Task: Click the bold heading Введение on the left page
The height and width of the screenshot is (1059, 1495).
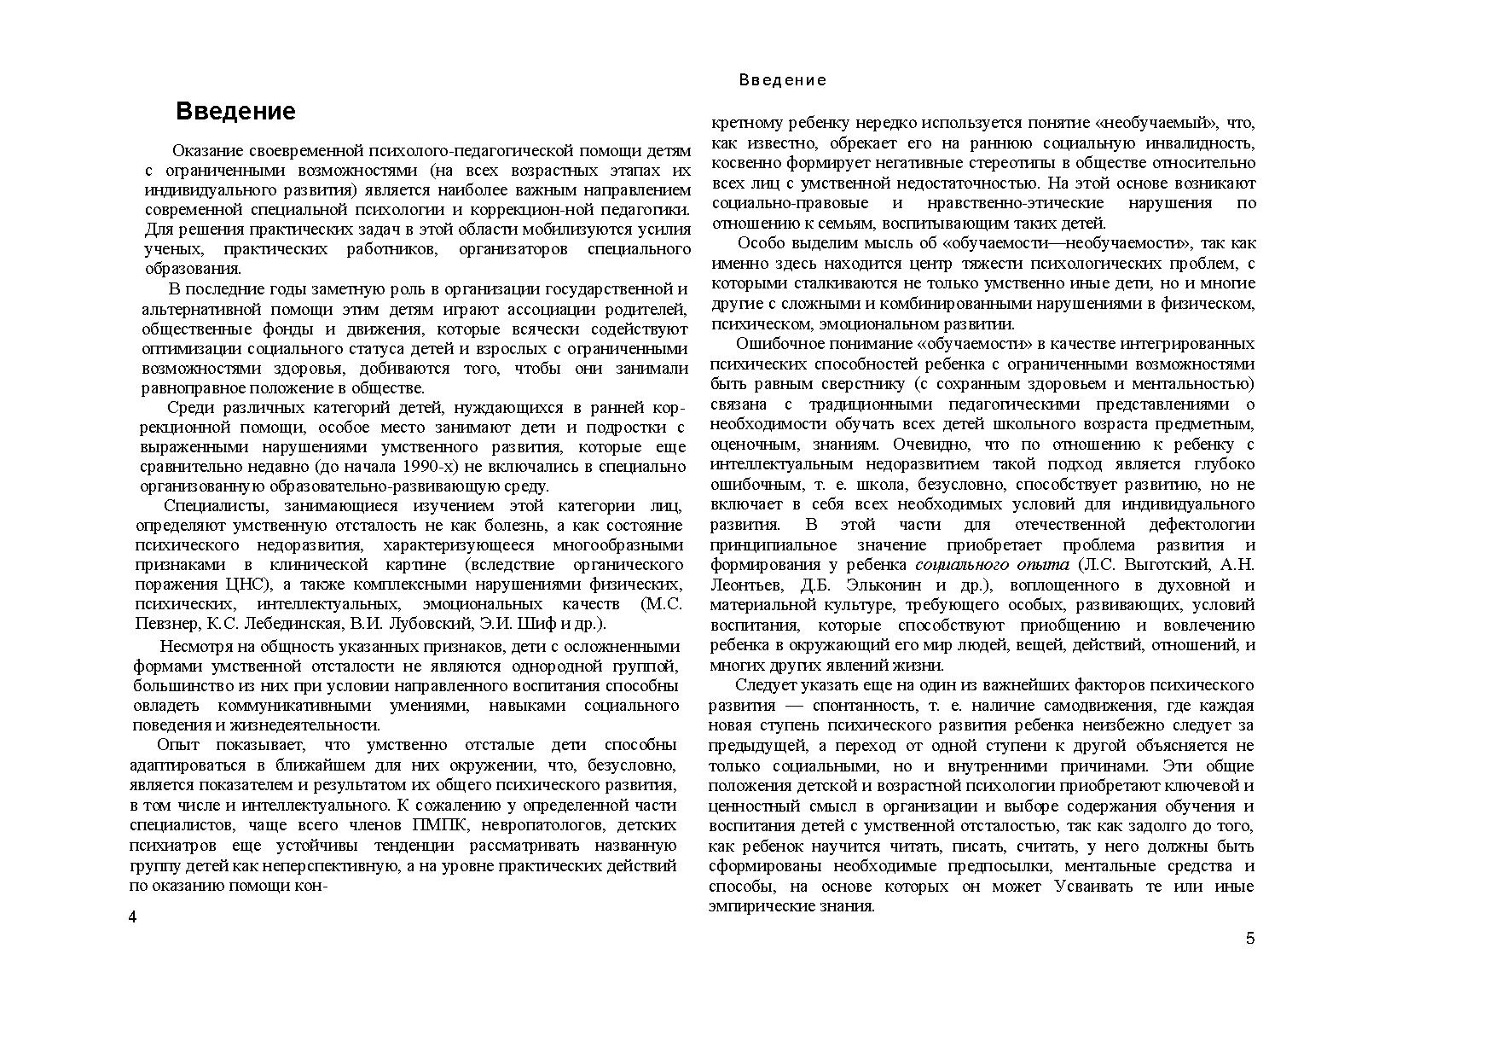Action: [x=235, y=112]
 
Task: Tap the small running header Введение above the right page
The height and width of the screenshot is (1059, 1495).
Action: [x=782, y=80]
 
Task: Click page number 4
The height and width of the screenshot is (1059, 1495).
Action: [x=132, y=917]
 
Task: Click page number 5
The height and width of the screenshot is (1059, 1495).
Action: [x=1250, y=939]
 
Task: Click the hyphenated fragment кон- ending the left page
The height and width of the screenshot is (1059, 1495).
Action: [x=313, y=886]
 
